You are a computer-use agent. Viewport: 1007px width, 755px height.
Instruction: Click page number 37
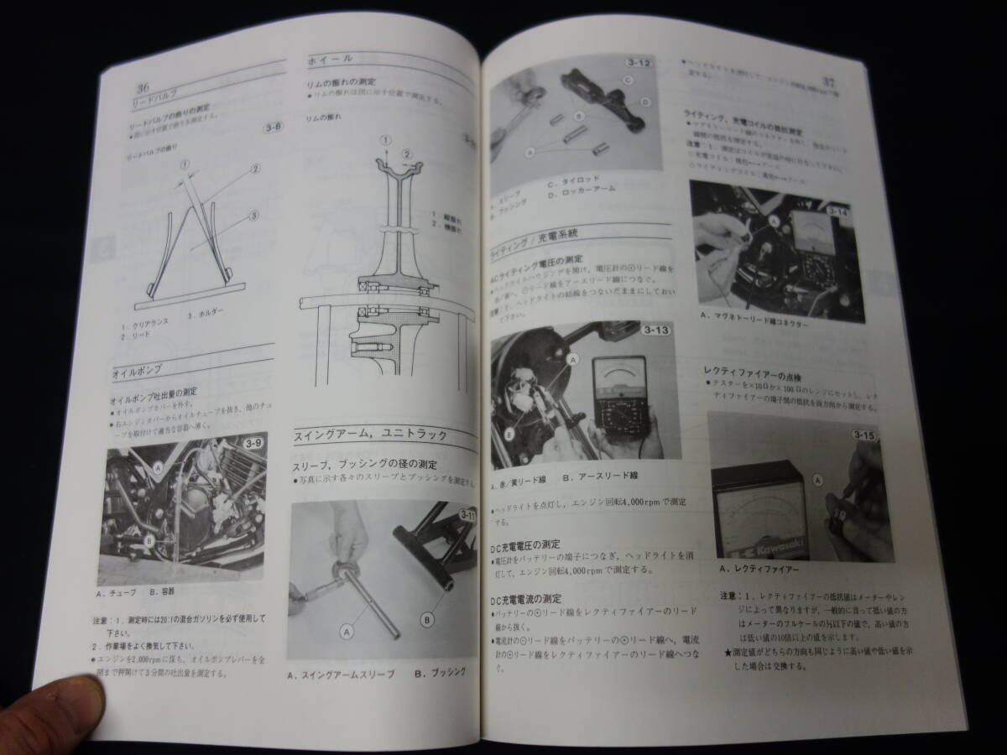pyautogui.click(x=829, y=82)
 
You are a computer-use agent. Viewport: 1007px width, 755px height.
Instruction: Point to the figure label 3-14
pyautogui.click(x=840, y=212)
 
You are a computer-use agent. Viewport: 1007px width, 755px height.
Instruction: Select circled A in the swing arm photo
pyautogui.click(x=348, y=629)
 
